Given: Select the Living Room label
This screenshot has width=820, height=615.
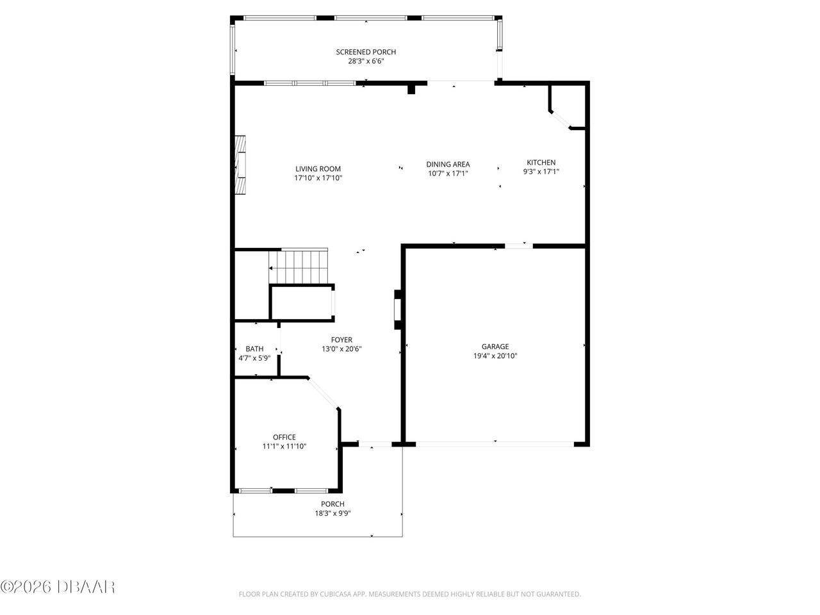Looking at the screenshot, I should pyautogui.click(x=318, y=169).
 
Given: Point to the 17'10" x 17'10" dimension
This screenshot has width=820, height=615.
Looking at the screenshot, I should pyautogui.click(x=318, y=179).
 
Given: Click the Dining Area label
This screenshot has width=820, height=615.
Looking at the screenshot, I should pyautogui.click(x=448, y=164).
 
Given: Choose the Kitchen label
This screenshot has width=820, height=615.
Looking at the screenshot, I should pyautogui.click(x=541, y=162).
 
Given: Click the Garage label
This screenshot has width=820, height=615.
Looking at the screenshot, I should pyautogui.click(x=495, y=346).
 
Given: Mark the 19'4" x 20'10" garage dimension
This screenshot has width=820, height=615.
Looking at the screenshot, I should pyautogui.click(x=495, y=356).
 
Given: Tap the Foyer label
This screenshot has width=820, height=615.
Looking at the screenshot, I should pyautogui.click(x=341, y=340).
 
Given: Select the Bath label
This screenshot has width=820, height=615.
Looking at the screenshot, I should pyautogui.click(x=254, y=348).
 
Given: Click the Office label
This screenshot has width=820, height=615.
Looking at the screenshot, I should pyautogui.click(x=284, y=437).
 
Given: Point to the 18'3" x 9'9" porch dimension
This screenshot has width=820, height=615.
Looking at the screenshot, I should pyautogui.click(x=332, y=513).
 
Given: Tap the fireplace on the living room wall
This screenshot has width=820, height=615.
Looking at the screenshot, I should pyautogui.click(x=241, y=164).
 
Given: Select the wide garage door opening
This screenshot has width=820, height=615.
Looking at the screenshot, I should pyautogui.click(x=495, y=443).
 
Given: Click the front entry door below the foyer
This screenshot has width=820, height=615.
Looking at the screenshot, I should pyautogui.click(x=375, y=444).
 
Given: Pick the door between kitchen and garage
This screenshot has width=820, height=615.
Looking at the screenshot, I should pyautogui.click(x=519, y=245).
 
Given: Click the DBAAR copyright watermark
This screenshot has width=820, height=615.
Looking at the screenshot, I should pyautogui.click(x=58, y=586).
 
